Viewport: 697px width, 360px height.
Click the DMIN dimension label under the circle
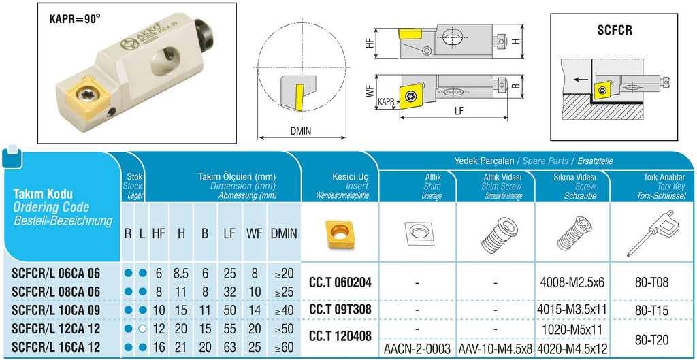point(300,131)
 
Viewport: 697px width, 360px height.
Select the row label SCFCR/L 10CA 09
point(56,310)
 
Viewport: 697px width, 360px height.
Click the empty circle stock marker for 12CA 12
point(142,329)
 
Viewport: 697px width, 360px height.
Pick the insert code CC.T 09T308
point(340,310)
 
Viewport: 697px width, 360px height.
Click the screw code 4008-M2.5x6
point(572,282)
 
